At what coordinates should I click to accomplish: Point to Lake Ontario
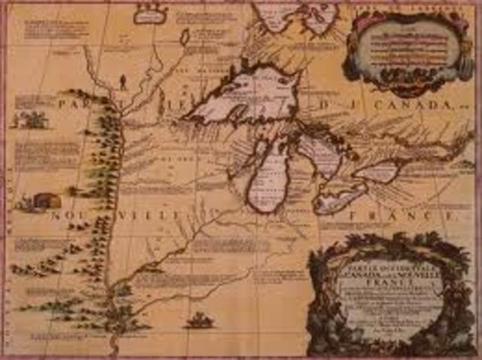(x=377, y=171)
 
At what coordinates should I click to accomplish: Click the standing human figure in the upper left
(x=123, y=79)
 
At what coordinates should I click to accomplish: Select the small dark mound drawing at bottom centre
(x=200, y=320)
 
